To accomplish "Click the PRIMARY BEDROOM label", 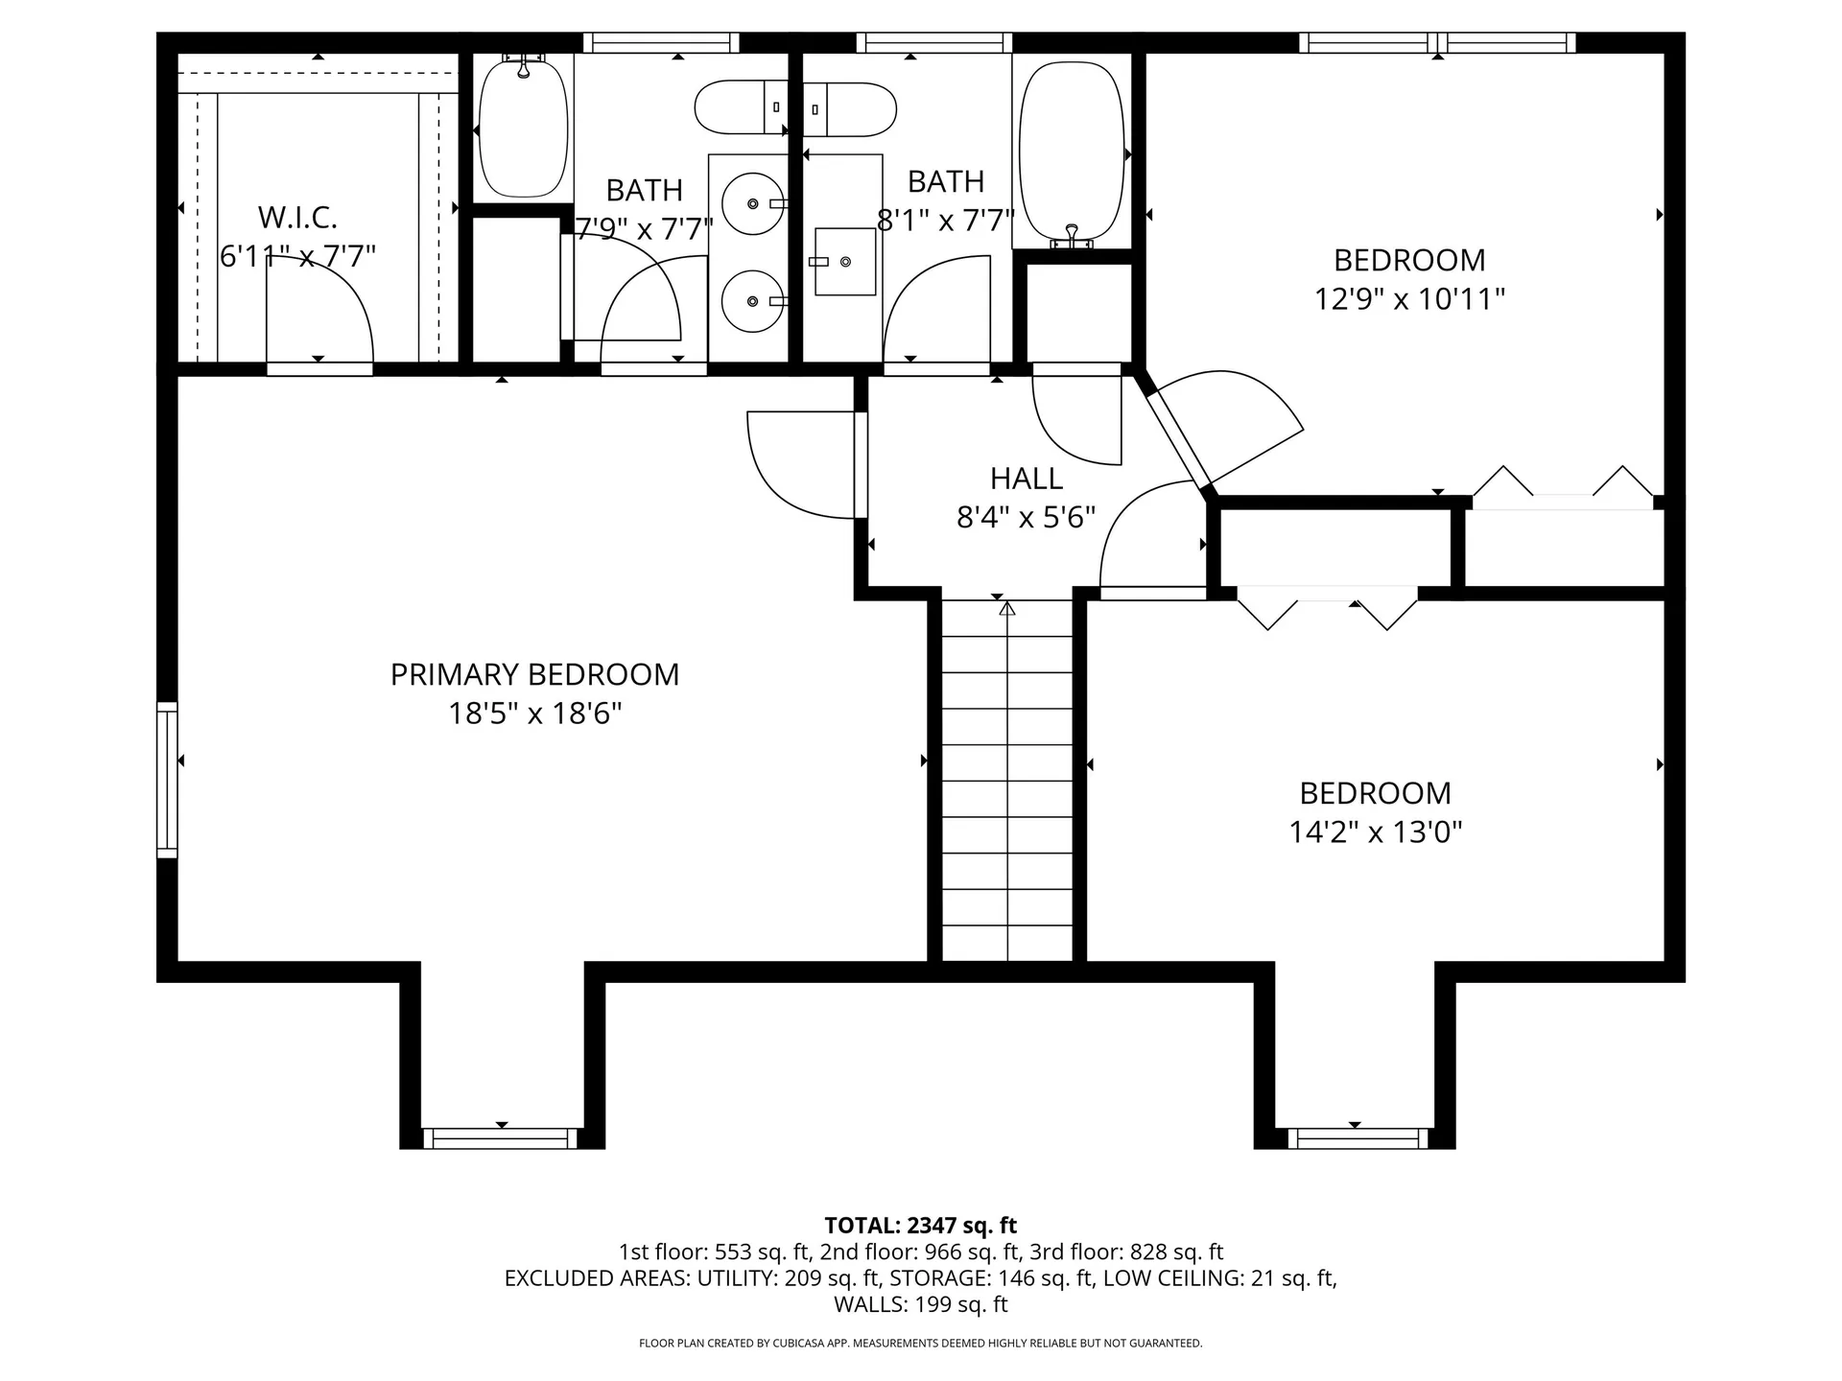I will tap(534, 674).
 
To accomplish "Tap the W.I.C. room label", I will tap(297, 218).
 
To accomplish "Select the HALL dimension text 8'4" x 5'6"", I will tap(1026, 518).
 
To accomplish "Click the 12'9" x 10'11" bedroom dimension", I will tap(1408, 299).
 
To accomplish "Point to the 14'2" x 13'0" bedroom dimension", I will tap(1375, 831).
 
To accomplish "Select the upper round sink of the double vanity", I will tap(752, 203).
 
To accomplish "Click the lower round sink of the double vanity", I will tap(752, 301).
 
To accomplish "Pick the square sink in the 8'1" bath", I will tap(844, 261).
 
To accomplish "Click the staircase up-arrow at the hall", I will tap(1006, 608).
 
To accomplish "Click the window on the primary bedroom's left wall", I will tap(168, 779).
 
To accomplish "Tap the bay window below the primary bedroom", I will tap(500, 1138).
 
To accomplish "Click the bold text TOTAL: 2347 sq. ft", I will tap(920, 1225).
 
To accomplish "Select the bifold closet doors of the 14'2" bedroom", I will tap(1327, 610).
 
